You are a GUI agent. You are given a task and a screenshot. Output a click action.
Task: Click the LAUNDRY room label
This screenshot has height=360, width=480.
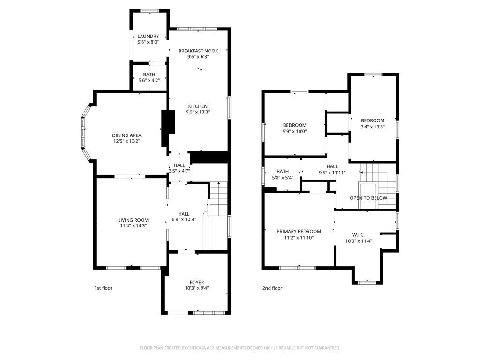click(x=148, y=37)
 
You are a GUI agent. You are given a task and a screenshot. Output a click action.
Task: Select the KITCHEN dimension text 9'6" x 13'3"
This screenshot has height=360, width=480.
click(x=198, y=112)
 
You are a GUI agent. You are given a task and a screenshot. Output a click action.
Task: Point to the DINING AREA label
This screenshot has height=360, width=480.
click(x=127, y=135)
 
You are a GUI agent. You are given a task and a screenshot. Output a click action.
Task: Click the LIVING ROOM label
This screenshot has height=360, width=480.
click(x=133, y=220)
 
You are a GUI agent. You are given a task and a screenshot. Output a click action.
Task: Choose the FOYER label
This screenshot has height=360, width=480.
click(x=197, y=282)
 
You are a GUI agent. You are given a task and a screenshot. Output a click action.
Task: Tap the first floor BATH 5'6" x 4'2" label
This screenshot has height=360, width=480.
click(x=149, y=75)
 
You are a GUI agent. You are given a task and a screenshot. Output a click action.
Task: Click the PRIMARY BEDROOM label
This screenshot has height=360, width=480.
click(x=299, y=231)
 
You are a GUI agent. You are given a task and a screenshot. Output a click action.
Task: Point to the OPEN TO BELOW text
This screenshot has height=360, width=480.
click(x=368, y=198)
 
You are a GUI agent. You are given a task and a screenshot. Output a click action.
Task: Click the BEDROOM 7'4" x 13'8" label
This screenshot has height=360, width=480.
click(x=373, y=120)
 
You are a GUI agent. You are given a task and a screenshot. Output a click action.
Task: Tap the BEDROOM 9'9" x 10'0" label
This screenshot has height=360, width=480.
click(x=294, y=125)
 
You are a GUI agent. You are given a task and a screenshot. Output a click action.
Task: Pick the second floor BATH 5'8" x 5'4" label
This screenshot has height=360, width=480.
click(x=283, y=172)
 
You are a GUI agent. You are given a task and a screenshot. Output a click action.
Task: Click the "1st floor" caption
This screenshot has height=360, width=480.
click(x=104, y=288)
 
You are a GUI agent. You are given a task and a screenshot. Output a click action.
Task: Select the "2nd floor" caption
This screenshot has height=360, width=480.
click(x=272, y=288)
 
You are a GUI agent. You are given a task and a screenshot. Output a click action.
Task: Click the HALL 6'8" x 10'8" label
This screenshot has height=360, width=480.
click(x=180, y=214)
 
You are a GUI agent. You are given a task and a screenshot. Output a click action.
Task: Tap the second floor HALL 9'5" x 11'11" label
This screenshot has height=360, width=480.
click(x=332, y=166)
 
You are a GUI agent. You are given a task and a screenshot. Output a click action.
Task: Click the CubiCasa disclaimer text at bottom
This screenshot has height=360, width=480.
click(x=240, y=348)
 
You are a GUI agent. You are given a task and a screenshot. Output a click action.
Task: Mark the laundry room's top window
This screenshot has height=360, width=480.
click(x=149, y=11)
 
